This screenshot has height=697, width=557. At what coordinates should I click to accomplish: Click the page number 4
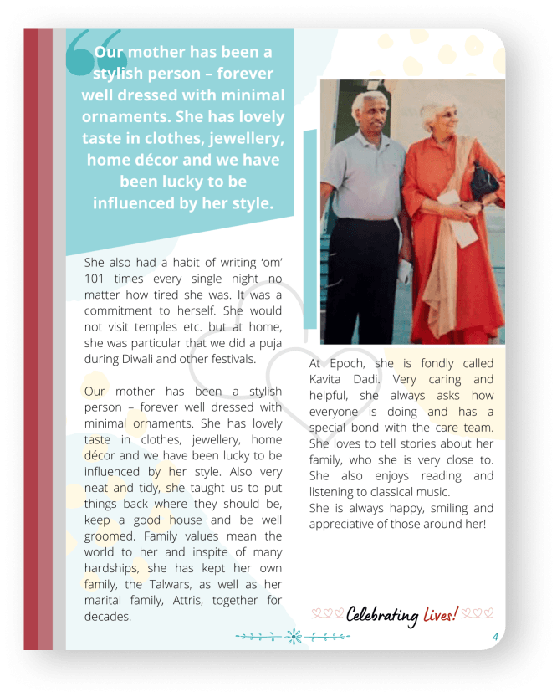495,638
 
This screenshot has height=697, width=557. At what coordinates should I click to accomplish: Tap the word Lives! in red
440,615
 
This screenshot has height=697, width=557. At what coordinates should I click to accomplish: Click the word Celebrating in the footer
382,616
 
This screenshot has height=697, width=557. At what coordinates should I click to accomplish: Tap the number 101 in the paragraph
97,278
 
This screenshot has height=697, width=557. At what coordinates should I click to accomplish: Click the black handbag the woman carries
484,179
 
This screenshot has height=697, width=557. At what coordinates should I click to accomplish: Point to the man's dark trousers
365,276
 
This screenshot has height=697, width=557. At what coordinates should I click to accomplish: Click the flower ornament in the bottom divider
294,637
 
